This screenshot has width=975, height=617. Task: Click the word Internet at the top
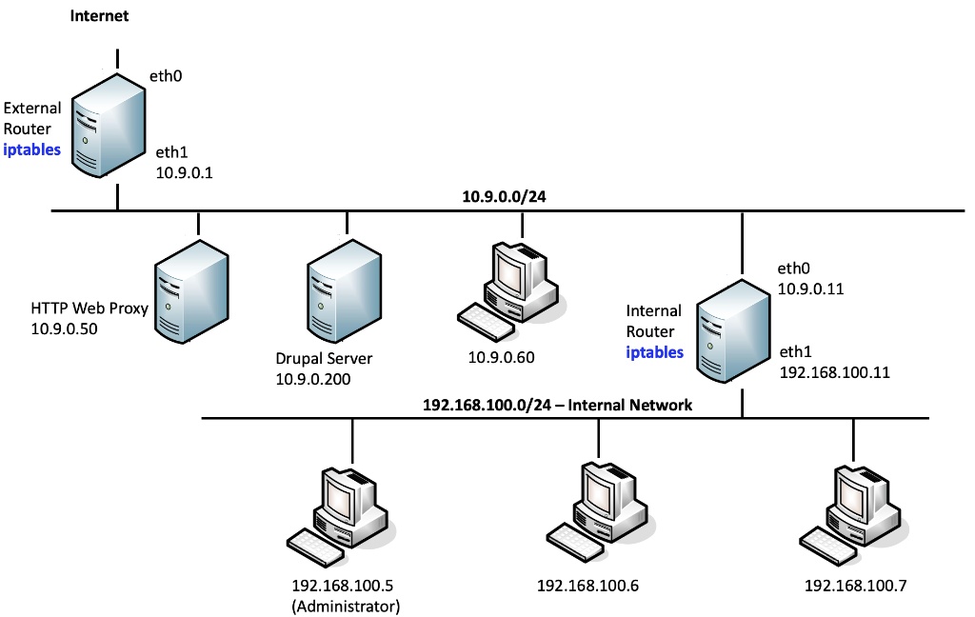coord(99,16)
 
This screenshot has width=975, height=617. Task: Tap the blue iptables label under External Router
coord(32,149)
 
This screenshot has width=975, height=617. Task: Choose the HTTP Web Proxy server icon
coord(193,291)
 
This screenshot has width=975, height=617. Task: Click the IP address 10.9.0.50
coord(65,329)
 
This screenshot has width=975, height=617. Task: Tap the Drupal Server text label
coord(324,359)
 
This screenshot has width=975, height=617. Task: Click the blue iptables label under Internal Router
coord(654,352)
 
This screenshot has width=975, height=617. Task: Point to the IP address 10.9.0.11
coord(810,289)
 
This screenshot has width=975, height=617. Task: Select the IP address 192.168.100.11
coord(834,372)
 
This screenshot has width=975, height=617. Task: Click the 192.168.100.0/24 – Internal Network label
coord(557,405)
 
